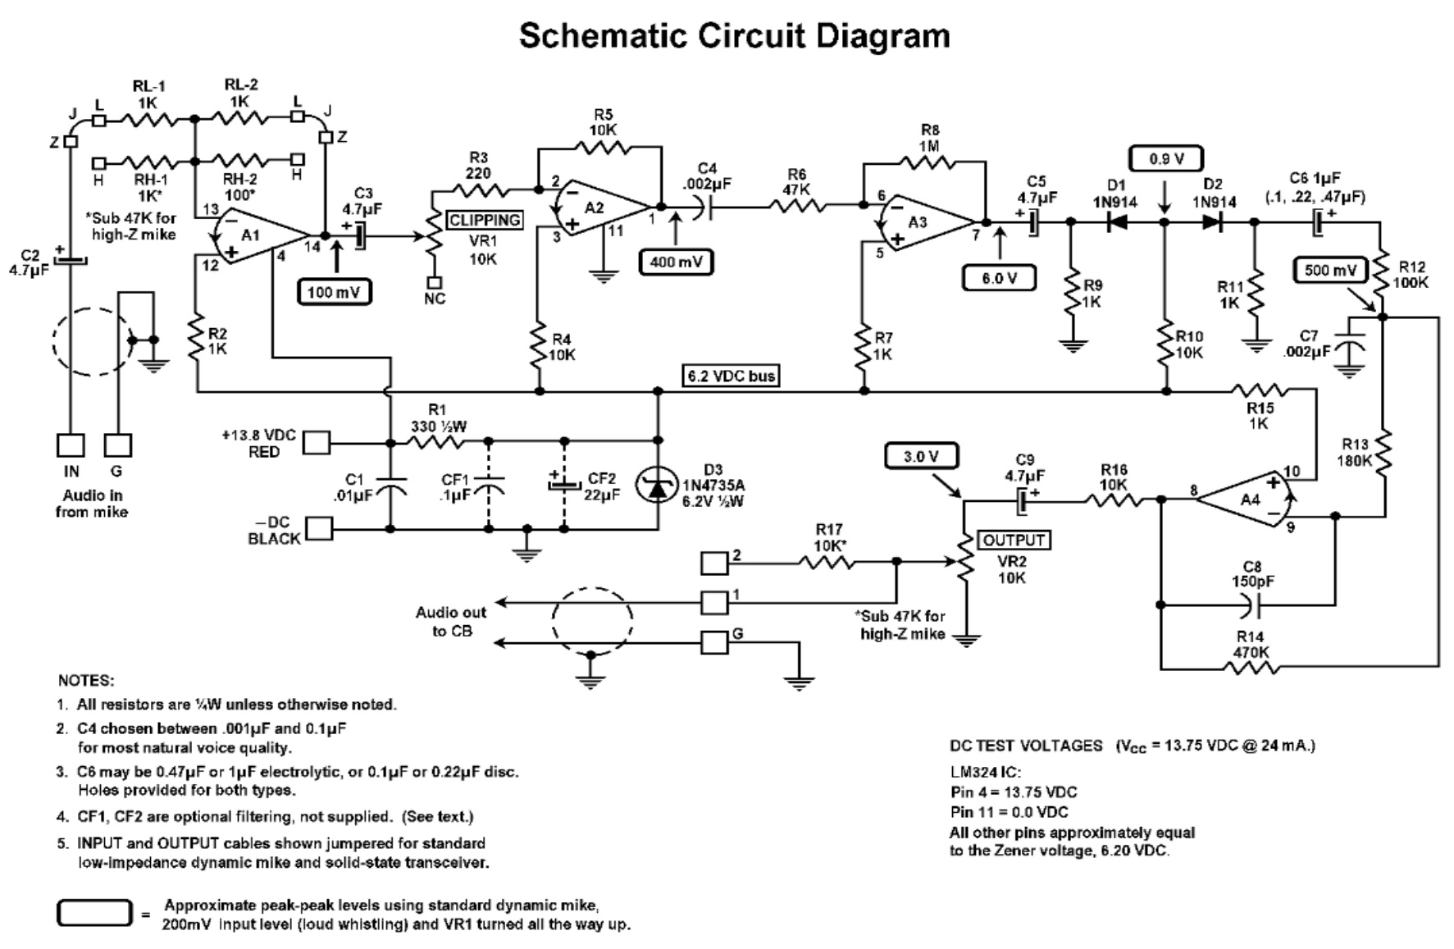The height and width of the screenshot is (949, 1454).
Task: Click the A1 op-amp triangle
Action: click(x=254, y=235)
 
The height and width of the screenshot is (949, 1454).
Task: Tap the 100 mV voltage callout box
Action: click(x=335, y=292)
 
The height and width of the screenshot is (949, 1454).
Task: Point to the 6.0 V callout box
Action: click(x=998, y=278)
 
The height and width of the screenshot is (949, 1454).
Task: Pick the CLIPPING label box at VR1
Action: click(x=485, y=220)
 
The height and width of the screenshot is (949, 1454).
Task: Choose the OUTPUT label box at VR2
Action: click(x=1014, y=540)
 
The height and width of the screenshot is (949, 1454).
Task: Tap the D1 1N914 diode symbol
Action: click(x=1116, y=221)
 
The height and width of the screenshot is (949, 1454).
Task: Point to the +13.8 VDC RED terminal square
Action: click(x=317, y=443)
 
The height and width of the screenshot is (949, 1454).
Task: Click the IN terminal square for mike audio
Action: click(x=71, y=445)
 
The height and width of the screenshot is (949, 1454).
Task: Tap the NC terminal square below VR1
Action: click(x=434, y=279)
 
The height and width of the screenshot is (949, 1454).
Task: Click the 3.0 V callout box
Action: click(x=921, y=456)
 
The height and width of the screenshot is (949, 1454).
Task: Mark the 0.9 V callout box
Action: click(x=1165, y=158)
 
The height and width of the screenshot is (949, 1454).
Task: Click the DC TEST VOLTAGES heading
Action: click(x=1026, y=746)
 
